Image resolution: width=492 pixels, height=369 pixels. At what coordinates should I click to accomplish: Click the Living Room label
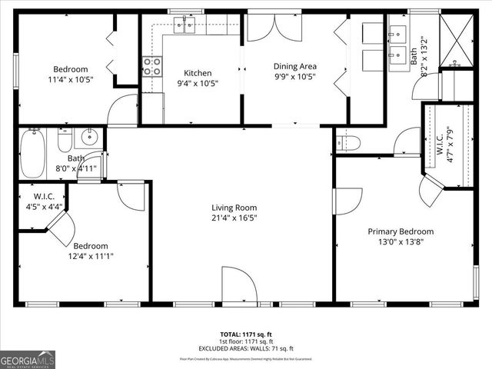click(234, 208)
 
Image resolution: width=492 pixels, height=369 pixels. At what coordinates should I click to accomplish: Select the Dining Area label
click(296, 66)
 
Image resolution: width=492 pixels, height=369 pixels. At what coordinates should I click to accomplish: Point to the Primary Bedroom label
click(401, 231)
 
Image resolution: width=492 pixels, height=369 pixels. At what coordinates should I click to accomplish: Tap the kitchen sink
click(184, 27)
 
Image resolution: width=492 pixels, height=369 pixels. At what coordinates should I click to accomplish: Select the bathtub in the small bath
click(32, 154)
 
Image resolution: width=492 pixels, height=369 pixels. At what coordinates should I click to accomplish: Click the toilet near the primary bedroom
click(349, 141)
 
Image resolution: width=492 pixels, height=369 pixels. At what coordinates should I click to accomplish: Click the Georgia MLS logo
click(28, 358)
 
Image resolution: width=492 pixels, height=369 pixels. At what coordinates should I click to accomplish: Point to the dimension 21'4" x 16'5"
click(234, 218)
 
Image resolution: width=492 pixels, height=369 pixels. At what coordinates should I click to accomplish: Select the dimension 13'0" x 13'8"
click(401, 241)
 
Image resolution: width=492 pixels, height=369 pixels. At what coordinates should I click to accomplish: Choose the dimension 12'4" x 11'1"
click(91, 257)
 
